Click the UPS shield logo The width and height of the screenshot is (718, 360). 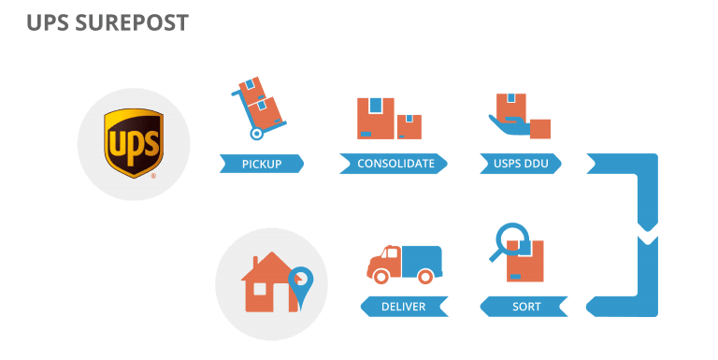134,142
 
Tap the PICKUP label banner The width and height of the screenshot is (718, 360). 262,165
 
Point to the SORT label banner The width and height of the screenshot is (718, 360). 526,307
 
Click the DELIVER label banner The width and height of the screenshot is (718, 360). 404,307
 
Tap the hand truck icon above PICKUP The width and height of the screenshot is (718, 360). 257,108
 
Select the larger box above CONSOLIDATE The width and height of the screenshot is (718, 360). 375,119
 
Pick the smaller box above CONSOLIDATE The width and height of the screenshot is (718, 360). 409,126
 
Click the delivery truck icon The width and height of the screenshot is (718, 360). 404,264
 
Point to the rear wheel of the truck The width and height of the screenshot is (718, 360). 425,276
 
